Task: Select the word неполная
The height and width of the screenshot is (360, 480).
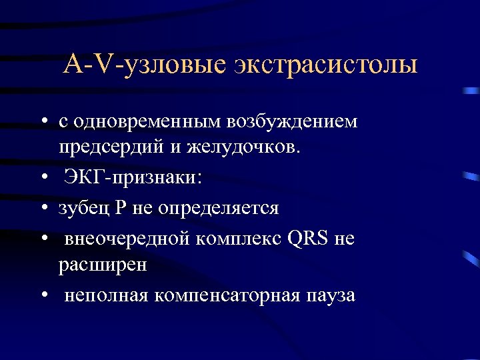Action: (106, 295)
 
